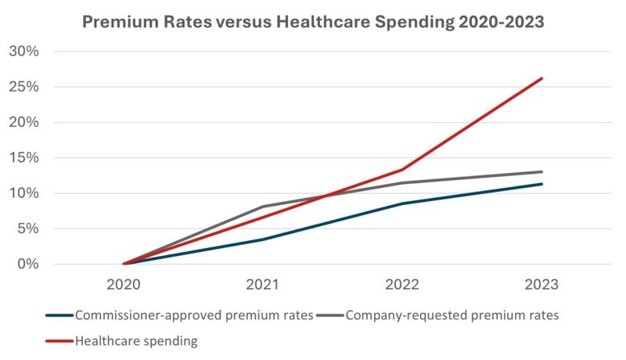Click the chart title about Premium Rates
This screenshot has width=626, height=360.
click(x=313, y=22)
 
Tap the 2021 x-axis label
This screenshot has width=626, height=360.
click(x=263, y=286)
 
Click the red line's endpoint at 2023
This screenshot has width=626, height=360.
click(x=541, y=78)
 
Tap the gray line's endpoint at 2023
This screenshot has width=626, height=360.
click(x=541, y=171)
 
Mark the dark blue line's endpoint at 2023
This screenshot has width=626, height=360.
click(x=541, y=184)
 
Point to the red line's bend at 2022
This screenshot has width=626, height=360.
click(x=402, y=170)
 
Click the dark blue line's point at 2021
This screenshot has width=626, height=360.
click(x=263, y=239)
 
